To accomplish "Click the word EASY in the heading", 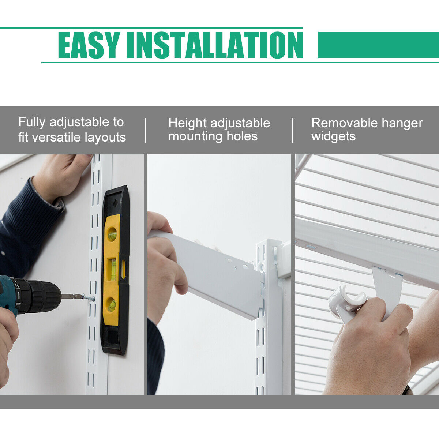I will (x=89, y=45).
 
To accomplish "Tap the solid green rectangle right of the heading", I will (x=378, y=45).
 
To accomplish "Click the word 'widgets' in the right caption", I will (x=333, y=136).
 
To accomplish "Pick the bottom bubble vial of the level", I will (x=111, y=304).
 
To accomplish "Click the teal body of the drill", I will (x=7, y=293).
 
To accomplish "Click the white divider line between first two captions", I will (x=146, y=130).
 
